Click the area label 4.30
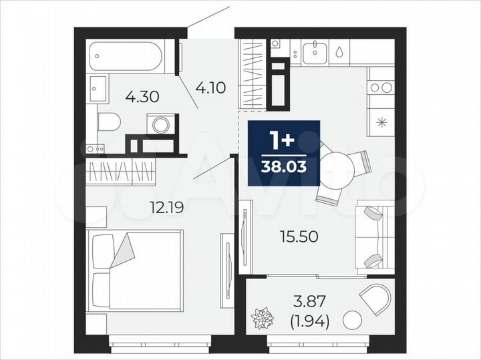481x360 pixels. [142, 96]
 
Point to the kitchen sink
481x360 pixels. [313, 53]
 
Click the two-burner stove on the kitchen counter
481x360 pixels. [381, 87]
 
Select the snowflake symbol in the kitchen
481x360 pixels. [381, 122]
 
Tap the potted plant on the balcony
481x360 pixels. [261, 317]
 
